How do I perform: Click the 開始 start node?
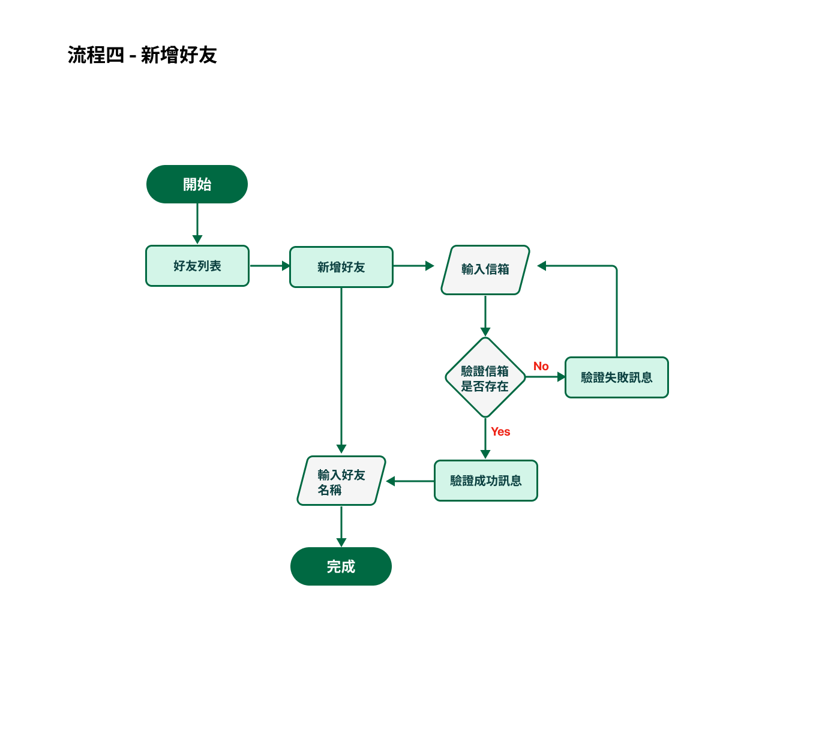(x=197, y=184)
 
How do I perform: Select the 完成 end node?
(x=341, y=566)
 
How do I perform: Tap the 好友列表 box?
(x=197, y=266)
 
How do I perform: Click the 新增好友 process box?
(x=341, y=267)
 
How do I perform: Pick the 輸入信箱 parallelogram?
(x=485, y=269)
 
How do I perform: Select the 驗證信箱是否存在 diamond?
(x=485, y=378)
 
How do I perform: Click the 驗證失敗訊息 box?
(x=617, y=377)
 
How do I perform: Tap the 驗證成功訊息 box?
(x=486, y=481)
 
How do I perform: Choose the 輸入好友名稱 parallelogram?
(x=341, y=481)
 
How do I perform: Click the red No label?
(x=541, y=366)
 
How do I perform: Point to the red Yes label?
(x=500, y=431)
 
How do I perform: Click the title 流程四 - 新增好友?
(x=142, y=55)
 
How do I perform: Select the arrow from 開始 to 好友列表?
(x=197, y=223)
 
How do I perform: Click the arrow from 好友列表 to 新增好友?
(x=269, y=266)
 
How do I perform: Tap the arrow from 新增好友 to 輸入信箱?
(x=413, y=266)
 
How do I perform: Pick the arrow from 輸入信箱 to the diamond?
(x=485, y=315)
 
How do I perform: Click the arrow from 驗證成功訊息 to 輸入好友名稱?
(x=410, y=481)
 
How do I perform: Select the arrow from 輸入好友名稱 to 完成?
(x=341, y=526)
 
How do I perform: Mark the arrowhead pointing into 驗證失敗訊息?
(x=562, y=377)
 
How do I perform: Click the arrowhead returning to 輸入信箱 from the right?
(x=542, y=266)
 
